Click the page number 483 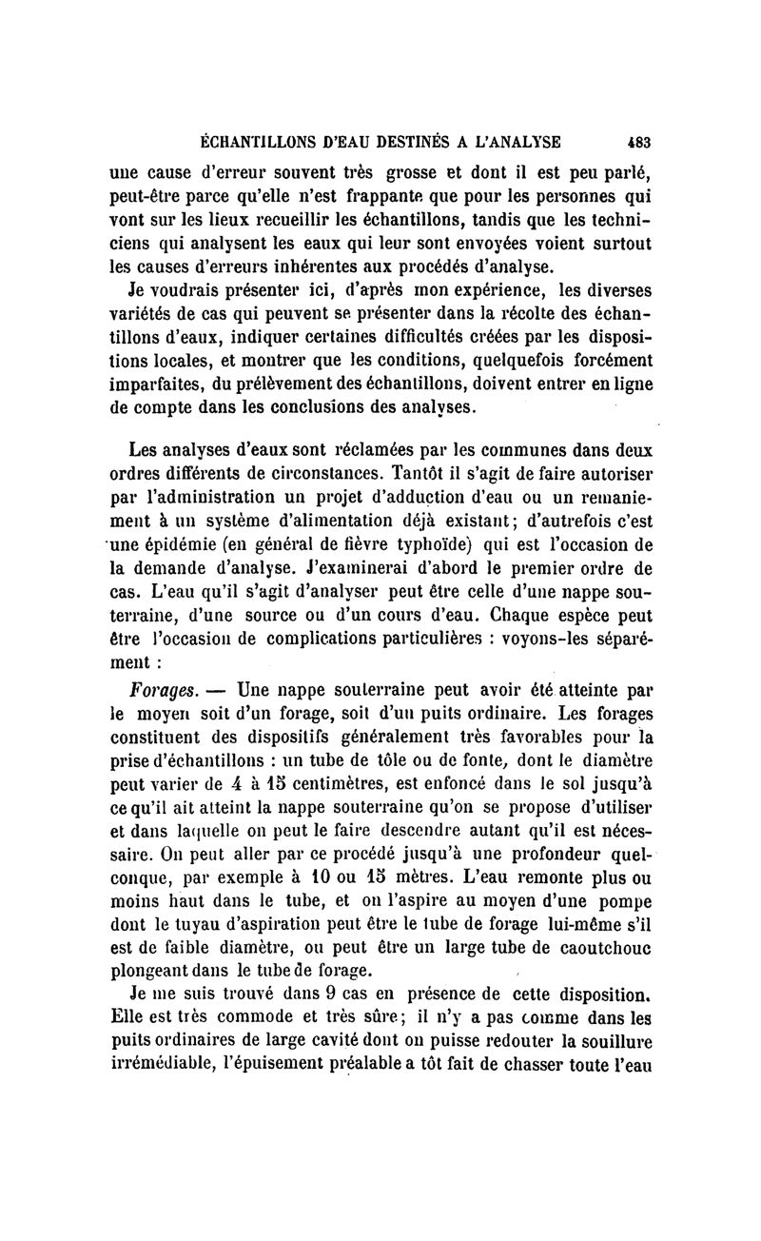(x=638, y=143)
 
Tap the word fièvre (x=307, y=544)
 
